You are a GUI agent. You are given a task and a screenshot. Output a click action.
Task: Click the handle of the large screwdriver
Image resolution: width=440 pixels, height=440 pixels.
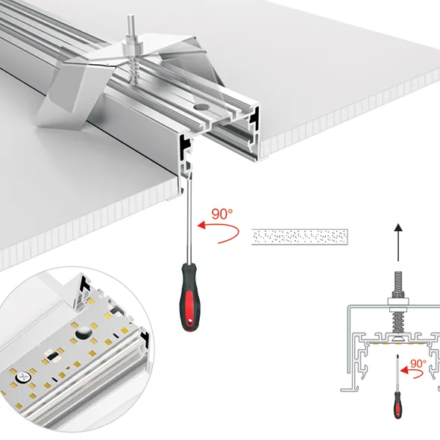click(189, 297)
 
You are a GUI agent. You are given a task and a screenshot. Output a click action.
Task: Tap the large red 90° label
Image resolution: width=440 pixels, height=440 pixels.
click(222, 214)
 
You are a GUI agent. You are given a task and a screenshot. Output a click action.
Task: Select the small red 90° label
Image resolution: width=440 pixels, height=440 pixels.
click(418, 364)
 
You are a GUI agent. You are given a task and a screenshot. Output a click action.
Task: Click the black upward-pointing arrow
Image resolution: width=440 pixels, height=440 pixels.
click(398, 242)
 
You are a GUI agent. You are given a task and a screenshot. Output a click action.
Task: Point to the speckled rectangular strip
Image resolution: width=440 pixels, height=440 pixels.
click(300, 237)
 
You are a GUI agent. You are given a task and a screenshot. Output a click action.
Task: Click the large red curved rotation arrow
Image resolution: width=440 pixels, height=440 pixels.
click(219, 232)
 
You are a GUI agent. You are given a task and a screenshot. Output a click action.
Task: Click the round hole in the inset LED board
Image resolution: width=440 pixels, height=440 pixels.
click(84, 333)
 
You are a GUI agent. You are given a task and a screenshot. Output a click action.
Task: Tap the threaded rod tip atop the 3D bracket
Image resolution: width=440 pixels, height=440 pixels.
click(130, 22)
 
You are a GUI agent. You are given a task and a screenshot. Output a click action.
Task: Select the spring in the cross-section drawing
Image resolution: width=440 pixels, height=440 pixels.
click(398, 322)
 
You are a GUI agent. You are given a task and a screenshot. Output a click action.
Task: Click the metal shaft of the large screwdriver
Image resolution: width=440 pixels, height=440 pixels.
click(189, 219)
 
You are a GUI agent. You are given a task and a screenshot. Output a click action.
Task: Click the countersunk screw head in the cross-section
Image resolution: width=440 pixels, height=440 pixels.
click(398, 339)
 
